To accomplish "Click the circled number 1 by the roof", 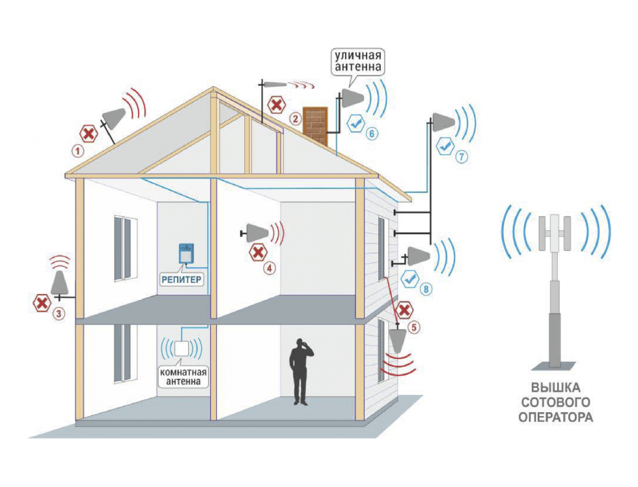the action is [x=77, y=151].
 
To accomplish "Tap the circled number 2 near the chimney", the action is [x=296, y=119].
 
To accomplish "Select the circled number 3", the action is [x=59, y=314].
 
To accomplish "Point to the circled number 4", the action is [x=269, y=268].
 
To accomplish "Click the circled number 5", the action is [x=414, y=327].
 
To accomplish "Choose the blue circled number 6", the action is [x=372, y=133].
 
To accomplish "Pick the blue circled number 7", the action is [x=462, y=156].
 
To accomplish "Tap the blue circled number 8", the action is [x=426, y=289].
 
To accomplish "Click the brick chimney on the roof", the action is [x=315, y=126].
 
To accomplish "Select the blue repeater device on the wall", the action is [x=186, y=254].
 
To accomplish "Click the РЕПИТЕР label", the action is [x=182, y=280].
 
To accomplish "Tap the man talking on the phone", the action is [x=300, y=371].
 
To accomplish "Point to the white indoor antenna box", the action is [x=182, y=348].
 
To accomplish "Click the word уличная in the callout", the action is [x=357, y=55].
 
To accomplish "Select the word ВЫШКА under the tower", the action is [x=555, y=387].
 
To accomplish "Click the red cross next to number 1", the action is [x=89, y=134].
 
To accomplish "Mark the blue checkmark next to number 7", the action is [x=445, y=146].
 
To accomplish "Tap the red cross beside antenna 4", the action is [x=258, y=253].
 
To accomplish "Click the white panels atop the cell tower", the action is [x=555, y=233].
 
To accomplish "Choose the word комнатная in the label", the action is [x=183, y=372].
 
